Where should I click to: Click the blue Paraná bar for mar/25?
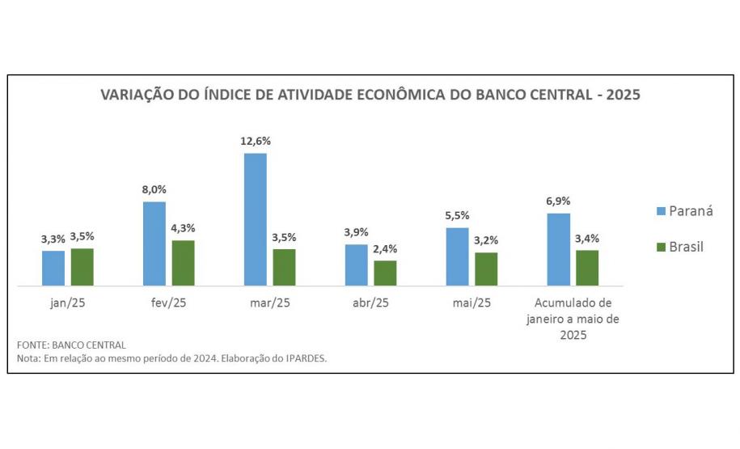point(256,219)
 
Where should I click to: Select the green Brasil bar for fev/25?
point(183,263)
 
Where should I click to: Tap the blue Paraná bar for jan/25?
point(53,268)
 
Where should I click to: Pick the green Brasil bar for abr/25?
point(385,273)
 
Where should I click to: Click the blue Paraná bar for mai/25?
point(458,256)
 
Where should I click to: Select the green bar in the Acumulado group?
point(587,268)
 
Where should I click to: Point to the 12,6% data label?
point(256,141)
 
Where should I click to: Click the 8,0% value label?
point(154,189)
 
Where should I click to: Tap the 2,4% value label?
point(385,248)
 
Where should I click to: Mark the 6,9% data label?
point(559,201)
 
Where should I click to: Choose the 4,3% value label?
point(183,228)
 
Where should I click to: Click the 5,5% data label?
point(458,215)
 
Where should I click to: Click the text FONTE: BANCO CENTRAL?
point(71,345)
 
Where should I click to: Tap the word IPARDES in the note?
point(307,358)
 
